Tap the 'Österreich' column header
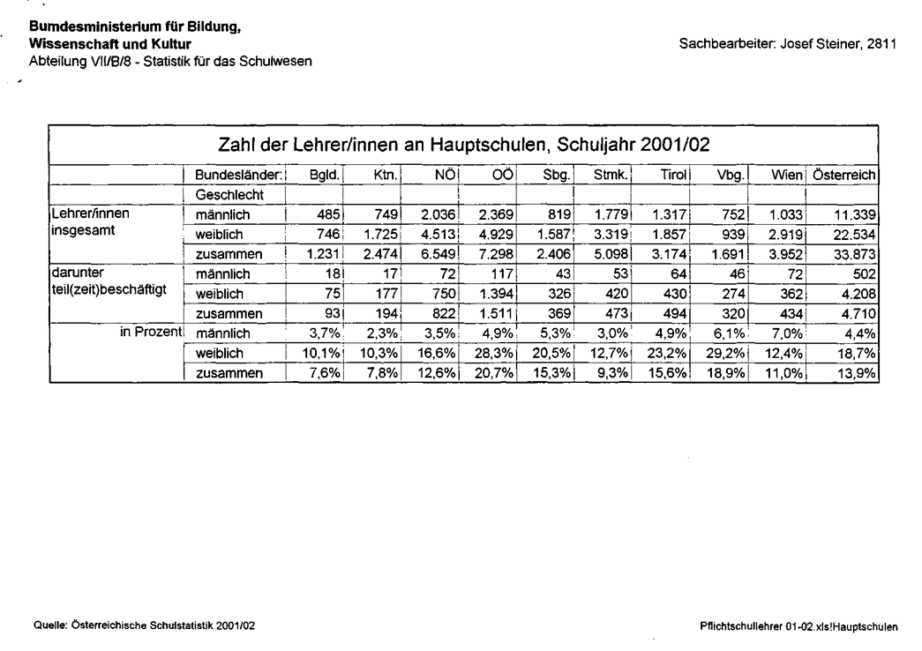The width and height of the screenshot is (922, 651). [x=844, y=175]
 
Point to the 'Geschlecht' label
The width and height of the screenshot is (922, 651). [x=226, y=193]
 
